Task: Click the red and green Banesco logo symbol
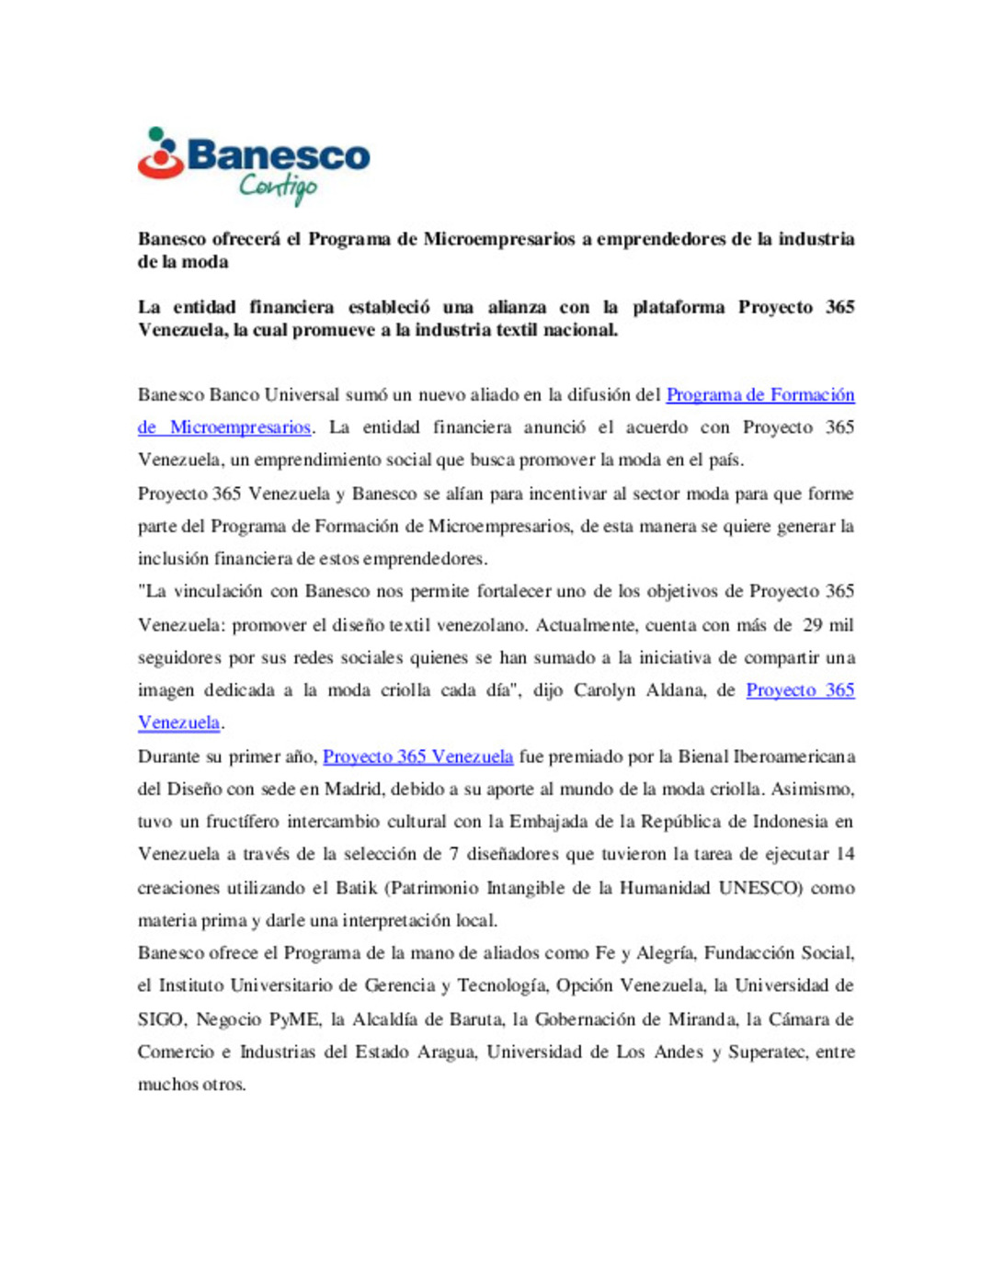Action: click(x=161, y=154)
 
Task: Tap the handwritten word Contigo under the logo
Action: click(x=278, y=187)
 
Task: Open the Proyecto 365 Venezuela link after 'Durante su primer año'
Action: click(x=417, y=756)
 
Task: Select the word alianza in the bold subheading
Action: click(x=517, y=307)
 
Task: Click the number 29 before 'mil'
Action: click(x=812, y=625)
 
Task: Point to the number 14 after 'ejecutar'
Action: click(x=845, y=854)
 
